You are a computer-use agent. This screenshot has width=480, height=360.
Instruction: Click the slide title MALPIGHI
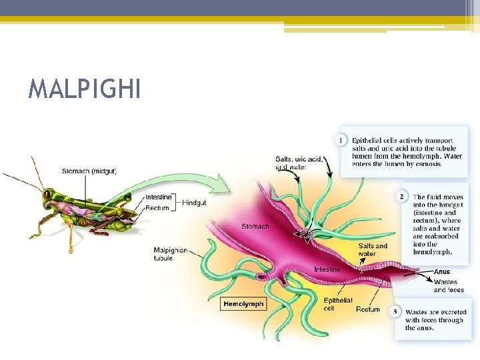tap(84, 89)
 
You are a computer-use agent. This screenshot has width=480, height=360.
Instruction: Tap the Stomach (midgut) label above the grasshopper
tap(89, 171)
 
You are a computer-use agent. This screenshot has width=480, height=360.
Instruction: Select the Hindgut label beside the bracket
tap(194, 202)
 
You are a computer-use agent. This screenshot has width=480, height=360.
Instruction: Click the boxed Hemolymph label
tap(243, 304)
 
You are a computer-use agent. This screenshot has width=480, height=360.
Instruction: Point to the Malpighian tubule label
tap(171, 254)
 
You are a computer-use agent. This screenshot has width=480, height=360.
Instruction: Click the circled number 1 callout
tap(342, 141)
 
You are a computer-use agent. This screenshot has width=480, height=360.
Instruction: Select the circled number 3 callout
tap(395, 311)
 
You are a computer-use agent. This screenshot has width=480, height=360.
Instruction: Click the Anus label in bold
tap(442, 272)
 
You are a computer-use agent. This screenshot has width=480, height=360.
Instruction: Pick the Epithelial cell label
tap(339, 304)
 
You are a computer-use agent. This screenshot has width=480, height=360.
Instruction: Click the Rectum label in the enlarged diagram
tap(368, 309)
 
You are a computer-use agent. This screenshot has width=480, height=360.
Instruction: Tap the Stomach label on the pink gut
tap(255, 227)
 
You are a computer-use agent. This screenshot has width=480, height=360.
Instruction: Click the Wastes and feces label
tap(449, 286)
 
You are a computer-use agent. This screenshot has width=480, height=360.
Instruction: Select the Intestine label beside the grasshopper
tap(158, 197)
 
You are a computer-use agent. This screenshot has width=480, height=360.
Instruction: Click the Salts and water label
tap(373, 249)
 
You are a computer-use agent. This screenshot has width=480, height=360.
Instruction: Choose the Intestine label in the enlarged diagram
tap(327, 269)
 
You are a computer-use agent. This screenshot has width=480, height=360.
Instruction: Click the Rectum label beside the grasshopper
tap(157, 208)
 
